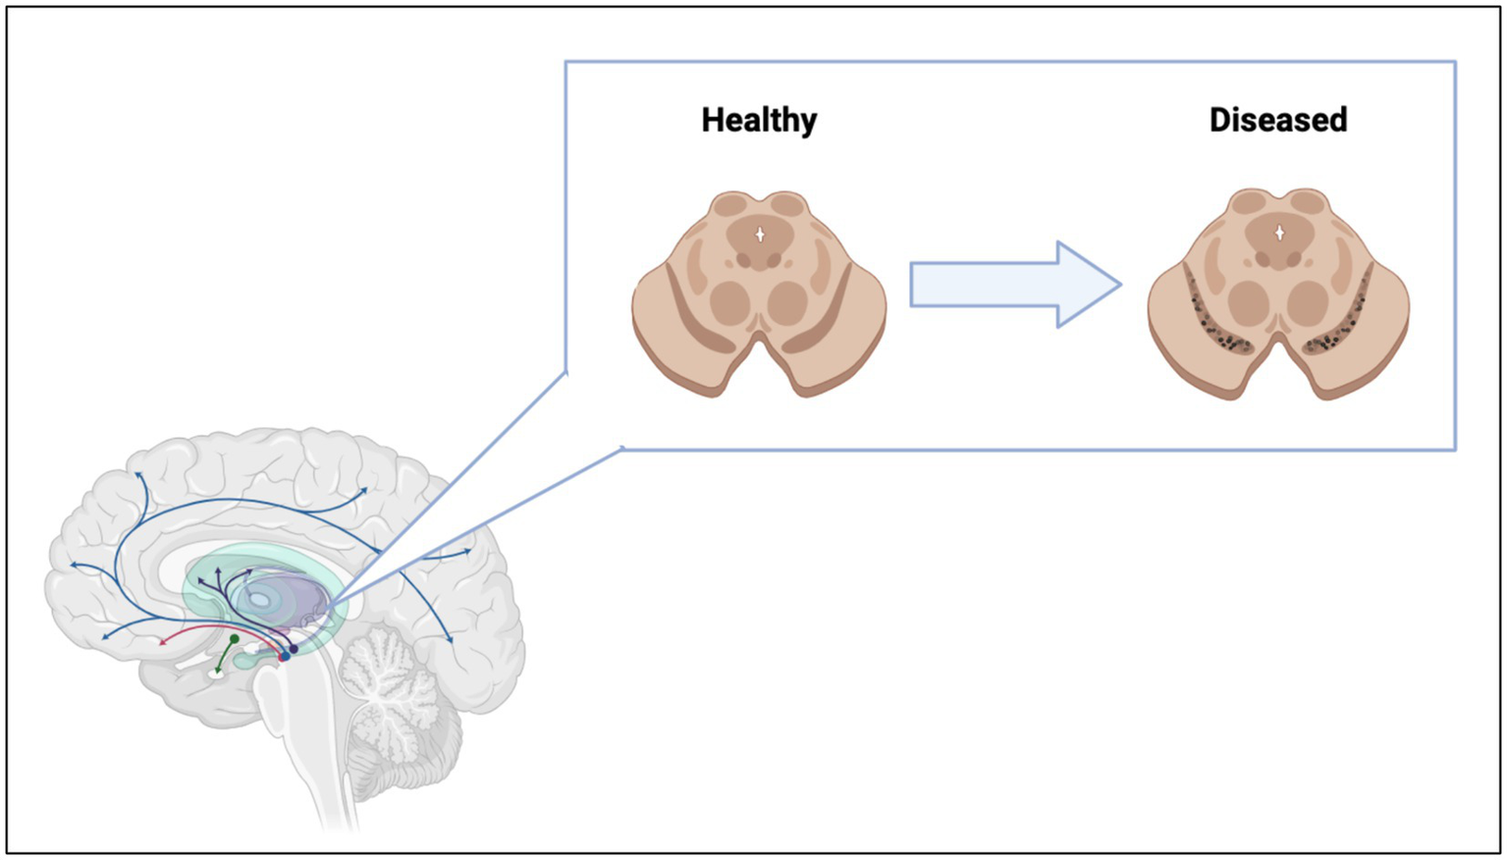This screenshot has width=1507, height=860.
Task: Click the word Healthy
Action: coord(759,120)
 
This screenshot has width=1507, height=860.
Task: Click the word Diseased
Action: coord(1277,120)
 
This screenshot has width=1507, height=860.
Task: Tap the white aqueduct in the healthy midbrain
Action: coord(759,235)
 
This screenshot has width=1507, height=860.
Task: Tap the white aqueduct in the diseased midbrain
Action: coord(1279,234)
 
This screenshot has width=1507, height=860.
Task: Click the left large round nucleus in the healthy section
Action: coord(730,303)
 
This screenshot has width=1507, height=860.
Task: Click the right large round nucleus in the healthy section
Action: coord(787,303)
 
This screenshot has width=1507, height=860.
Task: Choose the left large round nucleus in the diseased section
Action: coord(1249,303)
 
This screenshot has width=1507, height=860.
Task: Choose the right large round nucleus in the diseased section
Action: coord(1307,303)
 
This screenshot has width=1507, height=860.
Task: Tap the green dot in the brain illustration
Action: coord(235,639)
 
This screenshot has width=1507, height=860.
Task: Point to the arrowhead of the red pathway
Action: coord(163,642)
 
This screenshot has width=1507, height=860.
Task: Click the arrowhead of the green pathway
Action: coord(217,672)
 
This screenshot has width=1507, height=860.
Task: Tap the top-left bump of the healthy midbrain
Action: coord(731,205)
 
